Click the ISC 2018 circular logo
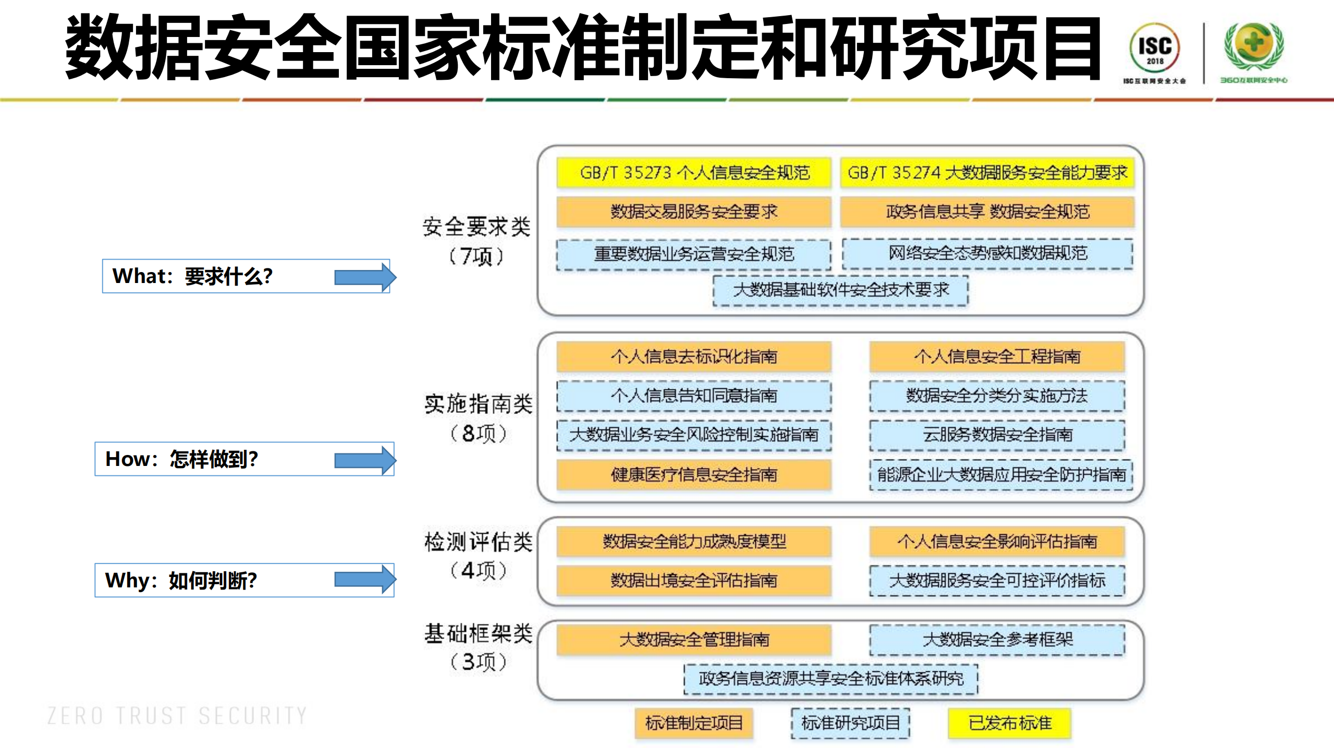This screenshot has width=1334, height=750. (x=1154, y=48)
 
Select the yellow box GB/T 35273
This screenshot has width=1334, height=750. (x=694, y=173)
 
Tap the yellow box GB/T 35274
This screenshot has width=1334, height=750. (x=987, y=173)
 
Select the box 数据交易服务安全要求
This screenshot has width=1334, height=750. (x=694, y=212)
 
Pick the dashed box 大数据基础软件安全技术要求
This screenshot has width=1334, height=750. (x=840, y=290)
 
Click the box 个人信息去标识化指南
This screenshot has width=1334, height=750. (x=694, y=356)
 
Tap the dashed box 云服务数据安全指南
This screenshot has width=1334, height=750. (x=997, y=435)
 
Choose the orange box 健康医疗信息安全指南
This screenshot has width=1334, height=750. (x=694, y=474)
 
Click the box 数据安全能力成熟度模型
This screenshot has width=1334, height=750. (x=694, y=542)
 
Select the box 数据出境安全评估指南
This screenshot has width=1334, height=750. (x=694, y=580)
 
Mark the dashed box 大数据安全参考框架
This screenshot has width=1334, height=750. (x=997, y=640)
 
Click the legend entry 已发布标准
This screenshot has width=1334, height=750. (x=1009, y=723)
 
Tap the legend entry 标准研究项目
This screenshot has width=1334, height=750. (x=850, y=723)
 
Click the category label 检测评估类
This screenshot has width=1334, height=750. (x=478, y=542)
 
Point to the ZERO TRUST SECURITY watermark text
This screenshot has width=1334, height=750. (x=177, y=716)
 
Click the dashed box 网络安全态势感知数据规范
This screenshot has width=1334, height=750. (x=987, y=253)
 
